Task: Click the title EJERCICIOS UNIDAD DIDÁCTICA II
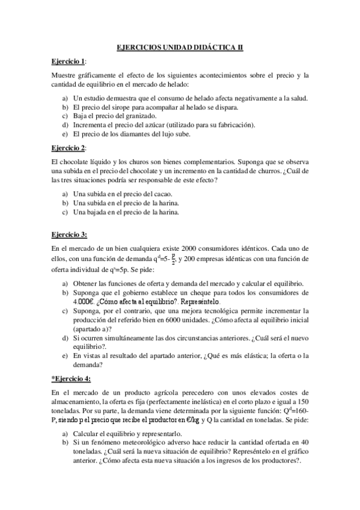pyautogui.click(x=180, y=47)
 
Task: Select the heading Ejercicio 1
pyautogui.click(x=68, y=61)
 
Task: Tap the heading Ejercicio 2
pyautogui.click(x=68, y=147)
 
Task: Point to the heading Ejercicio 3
pyautogui.click(x=69, y=234)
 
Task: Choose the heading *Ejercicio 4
pyautogui.click(x=71, y=378)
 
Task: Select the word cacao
pyautogui.click(x=163, y=194)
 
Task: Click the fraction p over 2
pyautogui.click(x=139, y=259)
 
